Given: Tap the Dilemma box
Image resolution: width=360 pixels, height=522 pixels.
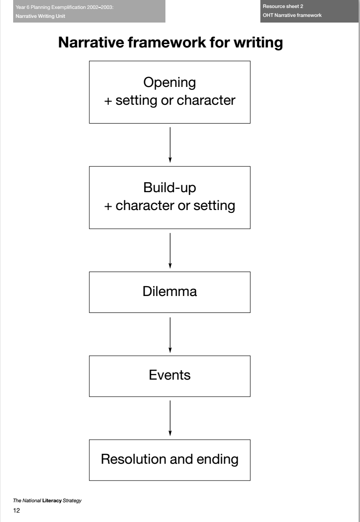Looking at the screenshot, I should coord(170,292).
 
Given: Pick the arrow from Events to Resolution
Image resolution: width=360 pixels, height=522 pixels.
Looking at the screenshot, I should coord(170,418).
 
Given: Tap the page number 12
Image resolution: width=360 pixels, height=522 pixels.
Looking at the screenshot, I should coord(16,512).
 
